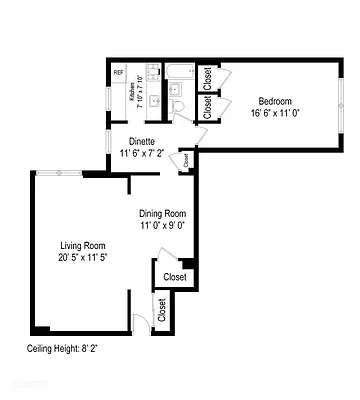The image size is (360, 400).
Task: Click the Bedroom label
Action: coord(275,101)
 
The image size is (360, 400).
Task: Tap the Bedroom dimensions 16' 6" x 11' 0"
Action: coord(275,114)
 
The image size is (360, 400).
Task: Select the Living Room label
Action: coord(81,246)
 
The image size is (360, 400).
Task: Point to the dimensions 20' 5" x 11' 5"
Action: coord(81,258)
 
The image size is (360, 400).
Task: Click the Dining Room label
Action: coord(162,213)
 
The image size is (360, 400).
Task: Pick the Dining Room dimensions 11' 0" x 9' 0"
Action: coord(162,225)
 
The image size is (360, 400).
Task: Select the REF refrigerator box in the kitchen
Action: coord(118,72)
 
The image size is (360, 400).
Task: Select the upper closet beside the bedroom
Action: coord(207,77)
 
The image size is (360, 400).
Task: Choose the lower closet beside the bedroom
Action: coord(207,109)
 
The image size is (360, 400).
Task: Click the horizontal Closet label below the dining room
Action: coord(174,277)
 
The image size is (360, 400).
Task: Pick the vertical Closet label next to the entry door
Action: coord(161,311)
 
